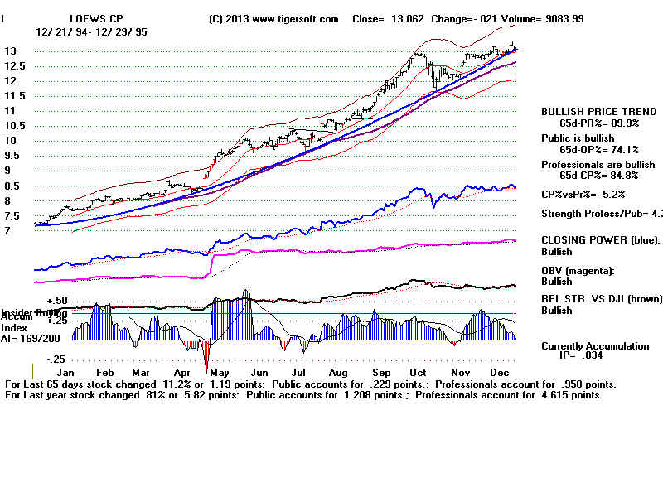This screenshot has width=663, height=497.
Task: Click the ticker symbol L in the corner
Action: tap(5, 18)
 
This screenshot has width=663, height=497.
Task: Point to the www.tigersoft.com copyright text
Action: tap(274, 18)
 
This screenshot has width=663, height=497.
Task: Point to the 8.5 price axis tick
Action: tap(12, 200)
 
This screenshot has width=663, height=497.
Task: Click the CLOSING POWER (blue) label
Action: tap(599, 239)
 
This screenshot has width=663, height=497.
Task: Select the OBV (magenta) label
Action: tap(580, 270)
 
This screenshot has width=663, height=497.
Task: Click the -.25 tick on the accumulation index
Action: tap(56, 359)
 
